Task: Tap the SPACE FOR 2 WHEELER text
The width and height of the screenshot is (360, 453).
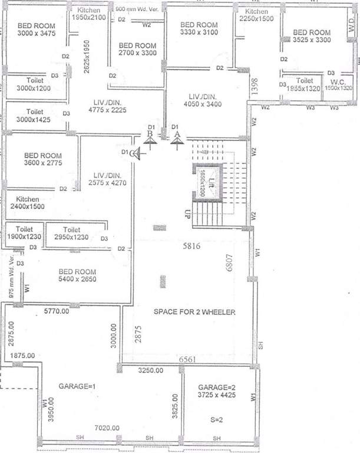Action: tap(194, 312)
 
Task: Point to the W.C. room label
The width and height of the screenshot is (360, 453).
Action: tap(338, 81)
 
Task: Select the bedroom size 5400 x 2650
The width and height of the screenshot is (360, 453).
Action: tap(77, 279)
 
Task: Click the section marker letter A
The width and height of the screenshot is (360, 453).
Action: tap(176, 134)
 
